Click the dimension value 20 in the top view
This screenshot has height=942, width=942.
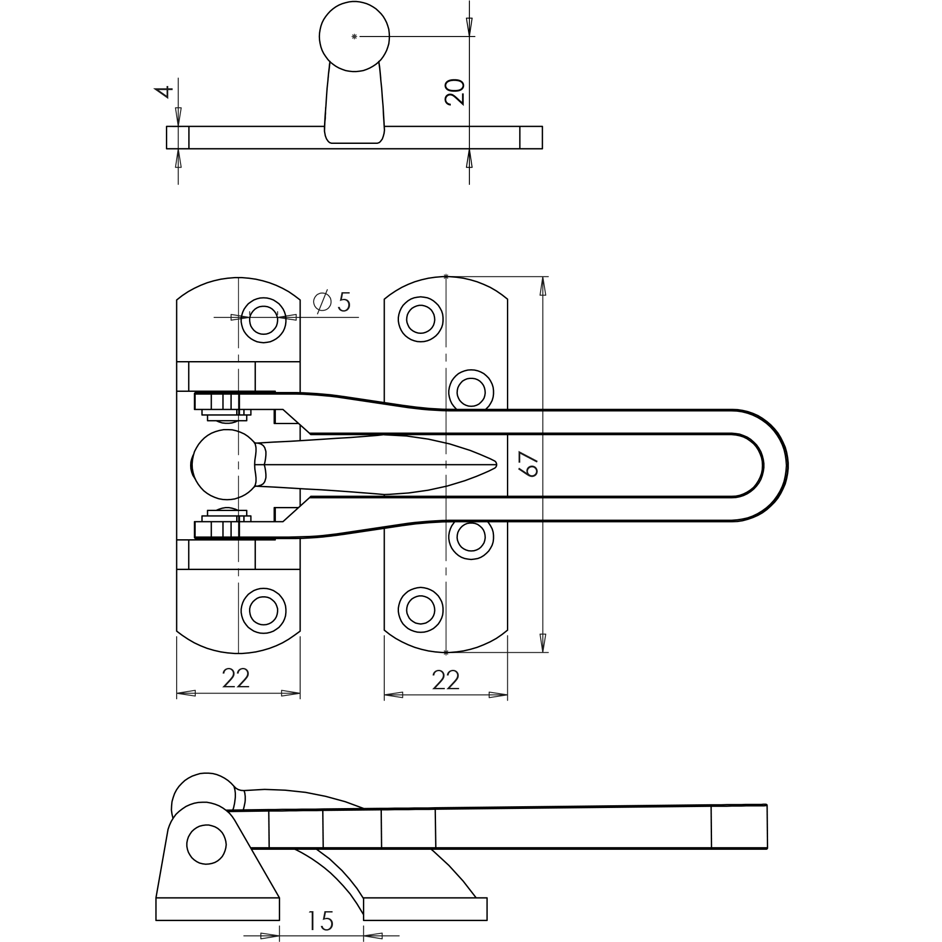pos(455,92)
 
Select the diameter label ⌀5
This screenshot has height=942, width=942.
pos(332,302)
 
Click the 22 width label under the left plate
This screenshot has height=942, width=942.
pos(236,679)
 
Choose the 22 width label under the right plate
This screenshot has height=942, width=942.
pos(446,680)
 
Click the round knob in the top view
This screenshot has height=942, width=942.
pos(354,37)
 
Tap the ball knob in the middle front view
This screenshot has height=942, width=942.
pos(224,465)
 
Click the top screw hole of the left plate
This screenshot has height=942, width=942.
pos(263,320)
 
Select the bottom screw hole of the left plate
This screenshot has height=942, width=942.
pos(263,610)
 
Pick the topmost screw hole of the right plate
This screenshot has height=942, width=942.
pos(420,319)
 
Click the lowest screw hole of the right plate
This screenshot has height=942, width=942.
pos(420,610)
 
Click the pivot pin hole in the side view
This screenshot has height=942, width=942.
pos(206,845)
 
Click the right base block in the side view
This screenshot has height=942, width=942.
pos(425,909)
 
